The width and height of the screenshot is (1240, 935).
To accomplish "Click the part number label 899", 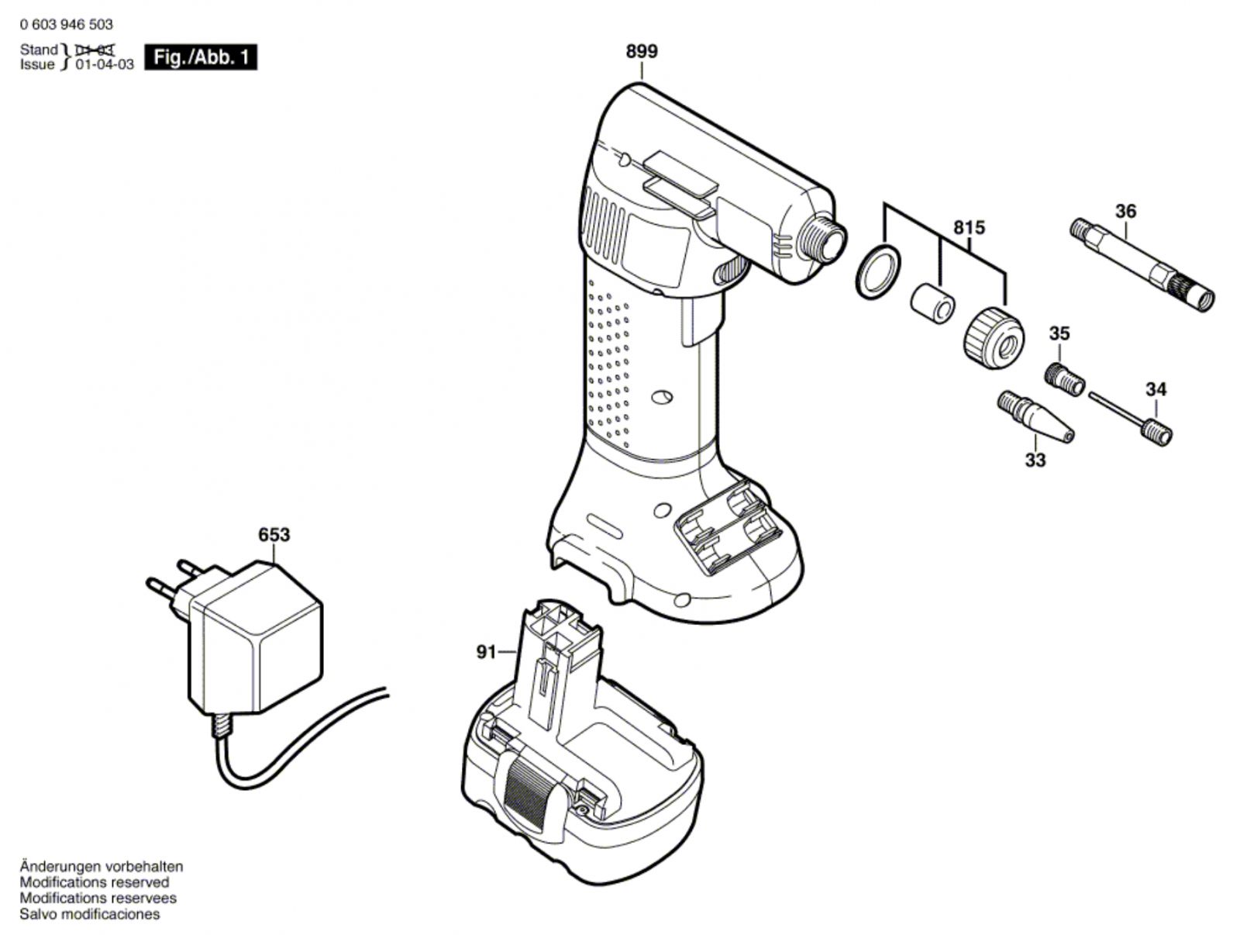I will (x=642, y=51).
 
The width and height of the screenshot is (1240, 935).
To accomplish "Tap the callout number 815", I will (x=969, y=228).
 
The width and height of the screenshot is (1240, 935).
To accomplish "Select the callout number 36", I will (x=1125, y=211).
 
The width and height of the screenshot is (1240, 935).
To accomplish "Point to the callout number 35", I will (x=1059, y=333).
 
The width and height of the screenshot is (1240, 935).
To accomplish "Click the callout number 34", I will (x=1156, y=389).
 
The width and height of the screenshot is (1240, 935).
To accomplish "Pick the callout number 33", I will (x=1035, y=460).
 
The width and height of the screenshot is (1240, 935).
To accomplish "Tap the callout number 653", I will (x=274, y=535).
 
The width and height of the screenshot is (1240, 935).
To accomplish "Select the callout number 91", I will (x=485, y=653).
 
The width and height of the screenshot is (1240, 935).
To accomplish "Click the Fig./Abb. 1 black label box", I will (x=201, y=57).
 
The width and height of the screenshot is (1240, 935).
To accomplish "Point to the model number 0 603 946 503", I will (x=67, y=25).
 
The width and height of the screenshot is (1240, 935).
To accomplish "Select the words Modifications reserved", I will (x=95, y=882).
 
